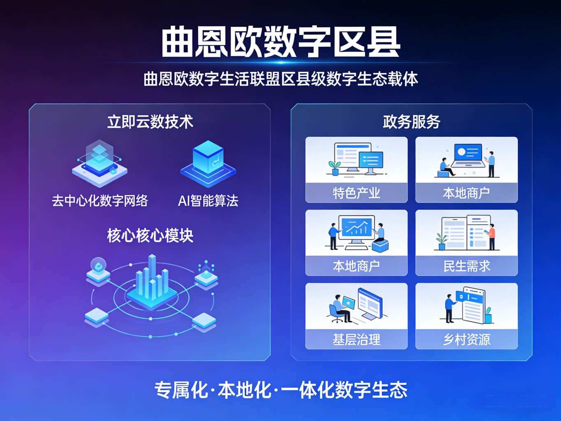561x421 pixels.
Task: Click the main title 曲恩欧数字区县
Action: pyautogui.click(x=280, y=42)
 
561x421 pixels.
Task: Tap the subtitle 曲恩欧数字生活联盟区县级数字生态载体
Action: pyautogui.click(x=280, y=79)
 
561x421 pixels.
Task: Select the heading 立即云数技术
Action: pyautogui.click(x=150, y=122)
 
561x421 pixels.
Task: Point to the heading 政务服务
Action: pyautogui.click(x=411, y=122)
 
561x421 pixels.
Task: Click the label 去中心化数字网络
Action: pyautogui.click(x=100, y=201)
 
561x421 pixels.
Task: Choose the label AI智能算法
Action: pyautogui.click(x=208, y=201)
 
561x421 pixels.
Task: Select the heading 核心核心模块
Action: pyautogui.click(x=150, y=235)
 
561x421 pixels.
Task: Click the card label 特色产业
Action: pyautogui.click(x=356, y=193)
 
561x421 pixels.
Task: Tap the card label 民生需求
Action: pyautogui.click(x=466, y=266)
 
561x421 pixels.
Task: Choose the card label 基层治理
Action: pyautogui.click(x=356, y=340)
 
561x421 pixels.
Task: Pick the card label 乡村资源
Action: pyautogui.click(x=466, y=340)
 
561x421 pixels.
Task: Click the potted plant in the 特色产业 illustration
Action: pyautogui.click(x=334, y=167)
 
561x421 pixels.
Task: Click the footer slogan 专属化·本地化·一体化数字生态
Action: pyautogui.click(x=280, y=390)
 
